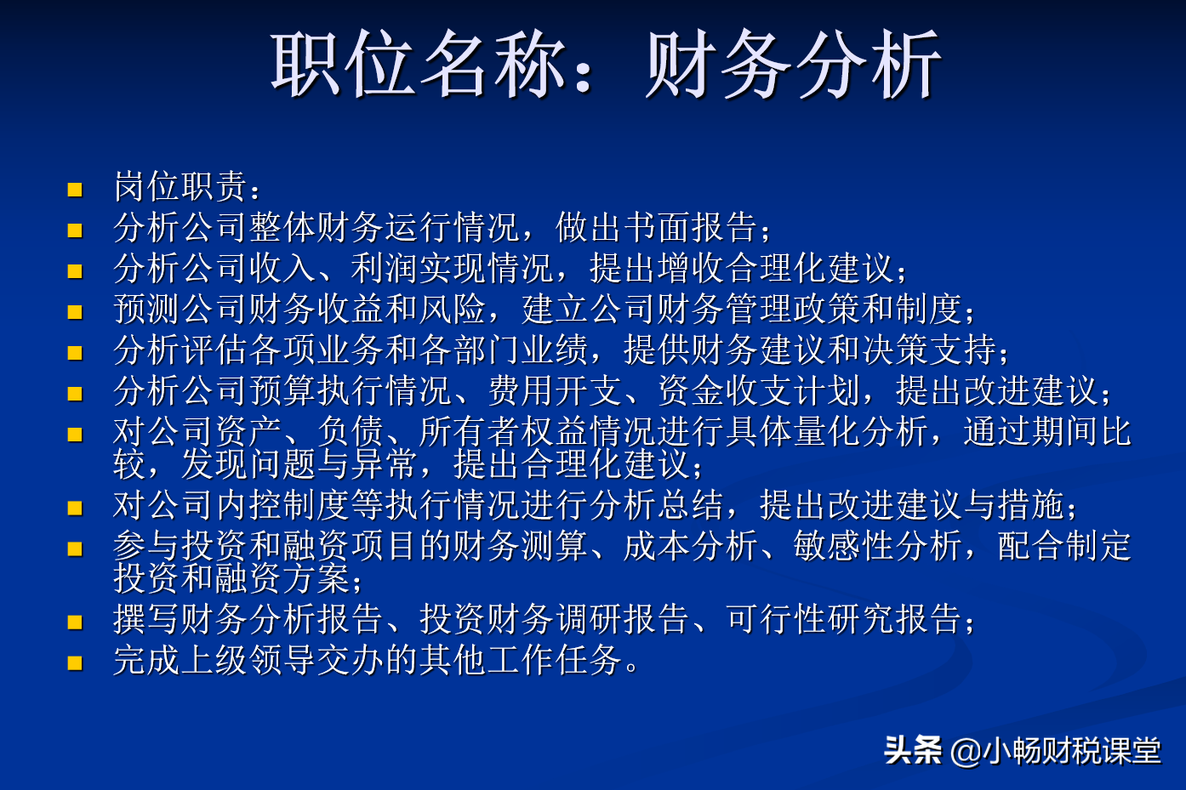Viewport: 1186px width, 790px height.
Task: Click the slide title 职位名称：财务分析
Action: [x=605, y=65]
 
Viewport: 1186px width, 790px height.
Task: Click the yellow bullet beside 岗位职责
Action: [x=75, y=189]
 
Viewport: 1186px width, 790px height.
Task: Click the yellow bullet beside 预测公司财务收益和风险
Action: [x=75, y=311]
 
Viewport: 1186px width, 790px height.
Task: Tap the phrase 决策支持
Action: [x=928, y=350]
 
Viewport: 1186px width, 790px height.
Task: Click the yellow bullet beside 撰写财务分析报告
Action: [x=75, y=622]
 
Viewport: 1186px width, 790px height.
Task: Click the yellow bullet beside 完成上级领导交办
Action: [x=75, y=662]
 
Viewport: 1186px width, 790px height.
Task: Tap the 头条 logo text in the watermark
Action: [x=912, y=750]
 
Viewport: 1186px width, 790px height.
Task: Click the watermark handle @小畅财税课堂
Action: [x=1055, y=751]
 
